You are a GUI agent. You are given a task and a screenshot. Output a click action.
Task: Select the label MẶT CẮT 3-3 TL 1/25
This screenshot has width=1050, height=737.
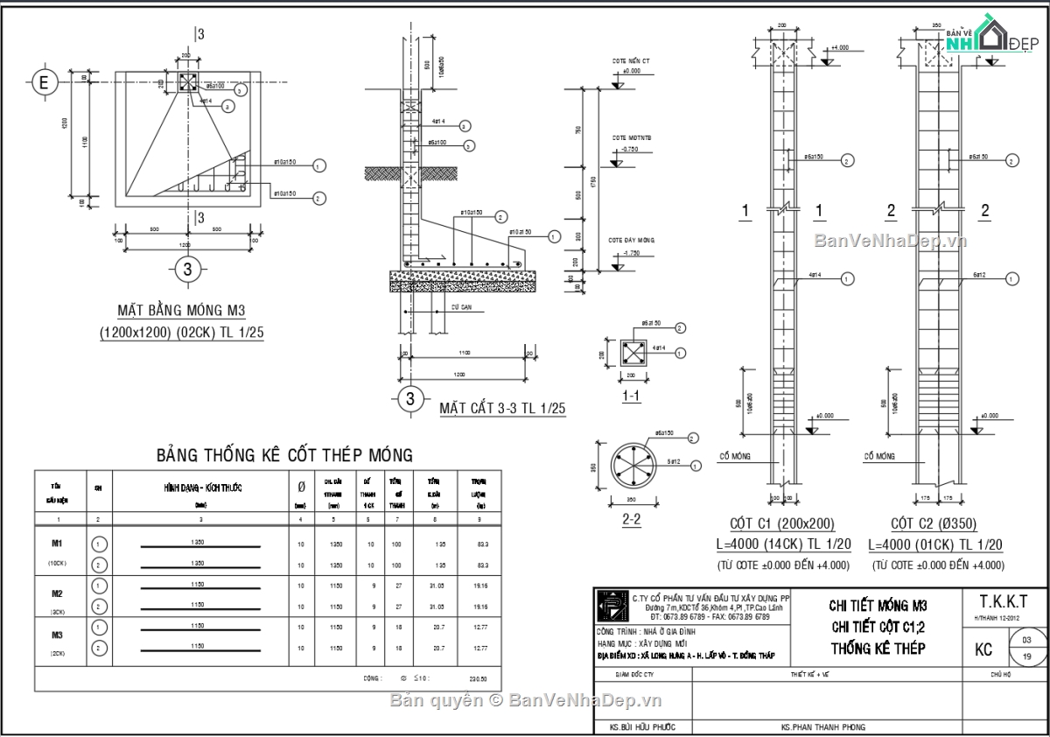tap(502, 408)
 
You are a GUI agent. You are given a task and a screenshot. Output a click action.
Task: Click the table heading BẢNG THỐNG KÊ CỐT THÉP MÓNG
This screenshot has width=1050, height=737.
tap(284, 455)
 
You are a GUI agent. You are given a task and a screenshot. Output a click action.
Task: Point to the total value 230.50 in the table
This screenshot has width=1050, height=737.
tap(479, 678)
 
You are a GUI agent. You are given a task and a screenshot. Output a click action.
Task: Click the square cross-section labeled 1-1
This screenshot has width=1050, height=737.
tap(631, 354)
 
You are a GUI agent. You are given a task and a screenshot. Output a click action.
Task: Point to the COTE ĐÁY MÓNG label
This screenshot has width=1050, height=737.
tap(632, 239)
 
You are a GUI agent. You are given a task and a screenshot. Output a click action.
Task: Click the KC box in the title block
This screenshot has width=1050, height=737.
tap(983, 649)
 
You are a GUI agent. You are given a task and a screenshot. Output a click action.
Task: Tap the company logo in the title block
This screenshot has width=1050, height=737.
tap(607, 606)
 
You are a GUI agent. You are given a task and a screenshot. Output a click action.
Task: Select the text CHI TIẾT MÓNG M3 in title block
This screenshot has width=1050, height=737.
tap(878, 606)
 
